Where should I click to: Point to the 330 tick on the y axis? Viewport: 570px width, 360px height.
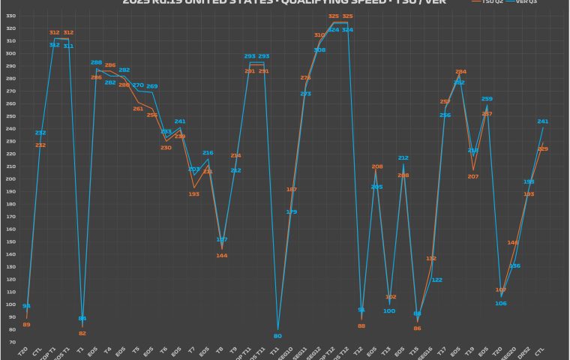[10, 28]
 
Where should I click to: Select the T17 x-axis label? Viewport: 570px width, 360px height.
[442, 349]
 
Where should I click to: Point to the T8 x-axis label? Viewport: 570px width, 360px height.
[220, 349]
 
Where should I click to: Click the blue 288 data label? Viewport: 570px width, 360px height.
[96, 62]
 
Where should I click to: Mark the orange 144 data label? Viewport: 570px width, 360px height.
[221, 256]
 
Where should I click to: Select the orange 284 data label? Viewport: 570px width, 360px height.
[460, 71]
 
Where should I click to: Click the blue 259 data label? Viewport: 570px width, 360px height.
[487, 98]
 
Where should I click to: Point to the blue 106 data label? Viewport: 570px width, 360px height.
[500, 303]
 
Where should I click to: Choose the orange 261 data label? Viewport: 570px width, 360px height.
[138, 109]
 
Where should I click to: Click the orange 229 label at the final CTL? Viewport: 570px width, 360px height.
[543, 148]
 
